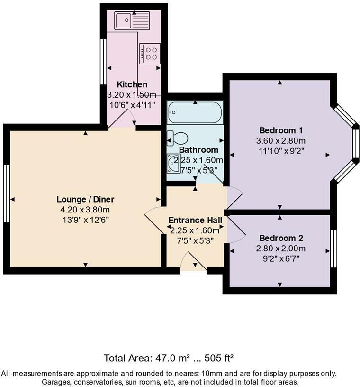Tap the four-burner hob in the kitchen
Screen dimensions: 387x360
point(150,53)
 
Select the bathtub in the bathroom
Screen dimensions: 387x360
point(195,113)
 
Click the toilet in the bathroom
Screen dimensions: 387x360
point(177,138)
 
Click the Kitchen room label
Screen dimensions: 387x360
point(132,84)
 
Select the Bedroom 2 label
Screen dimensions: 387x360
point(281,238)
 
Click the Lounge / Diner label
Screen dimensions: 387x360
point(86,199)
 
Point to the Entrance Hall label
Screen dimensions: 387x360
point(195,220)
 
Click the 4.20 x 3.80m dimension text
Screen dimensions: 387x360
point(86,209)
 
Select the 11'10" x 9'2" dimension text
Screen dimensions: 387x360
point(281,151)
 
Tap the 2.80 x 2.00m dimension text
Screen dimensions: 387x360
point(281,248)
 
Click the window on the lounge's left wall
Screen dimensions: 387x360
point(7,193)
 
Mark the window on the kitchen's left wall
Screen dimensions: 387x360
point(103,61)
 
